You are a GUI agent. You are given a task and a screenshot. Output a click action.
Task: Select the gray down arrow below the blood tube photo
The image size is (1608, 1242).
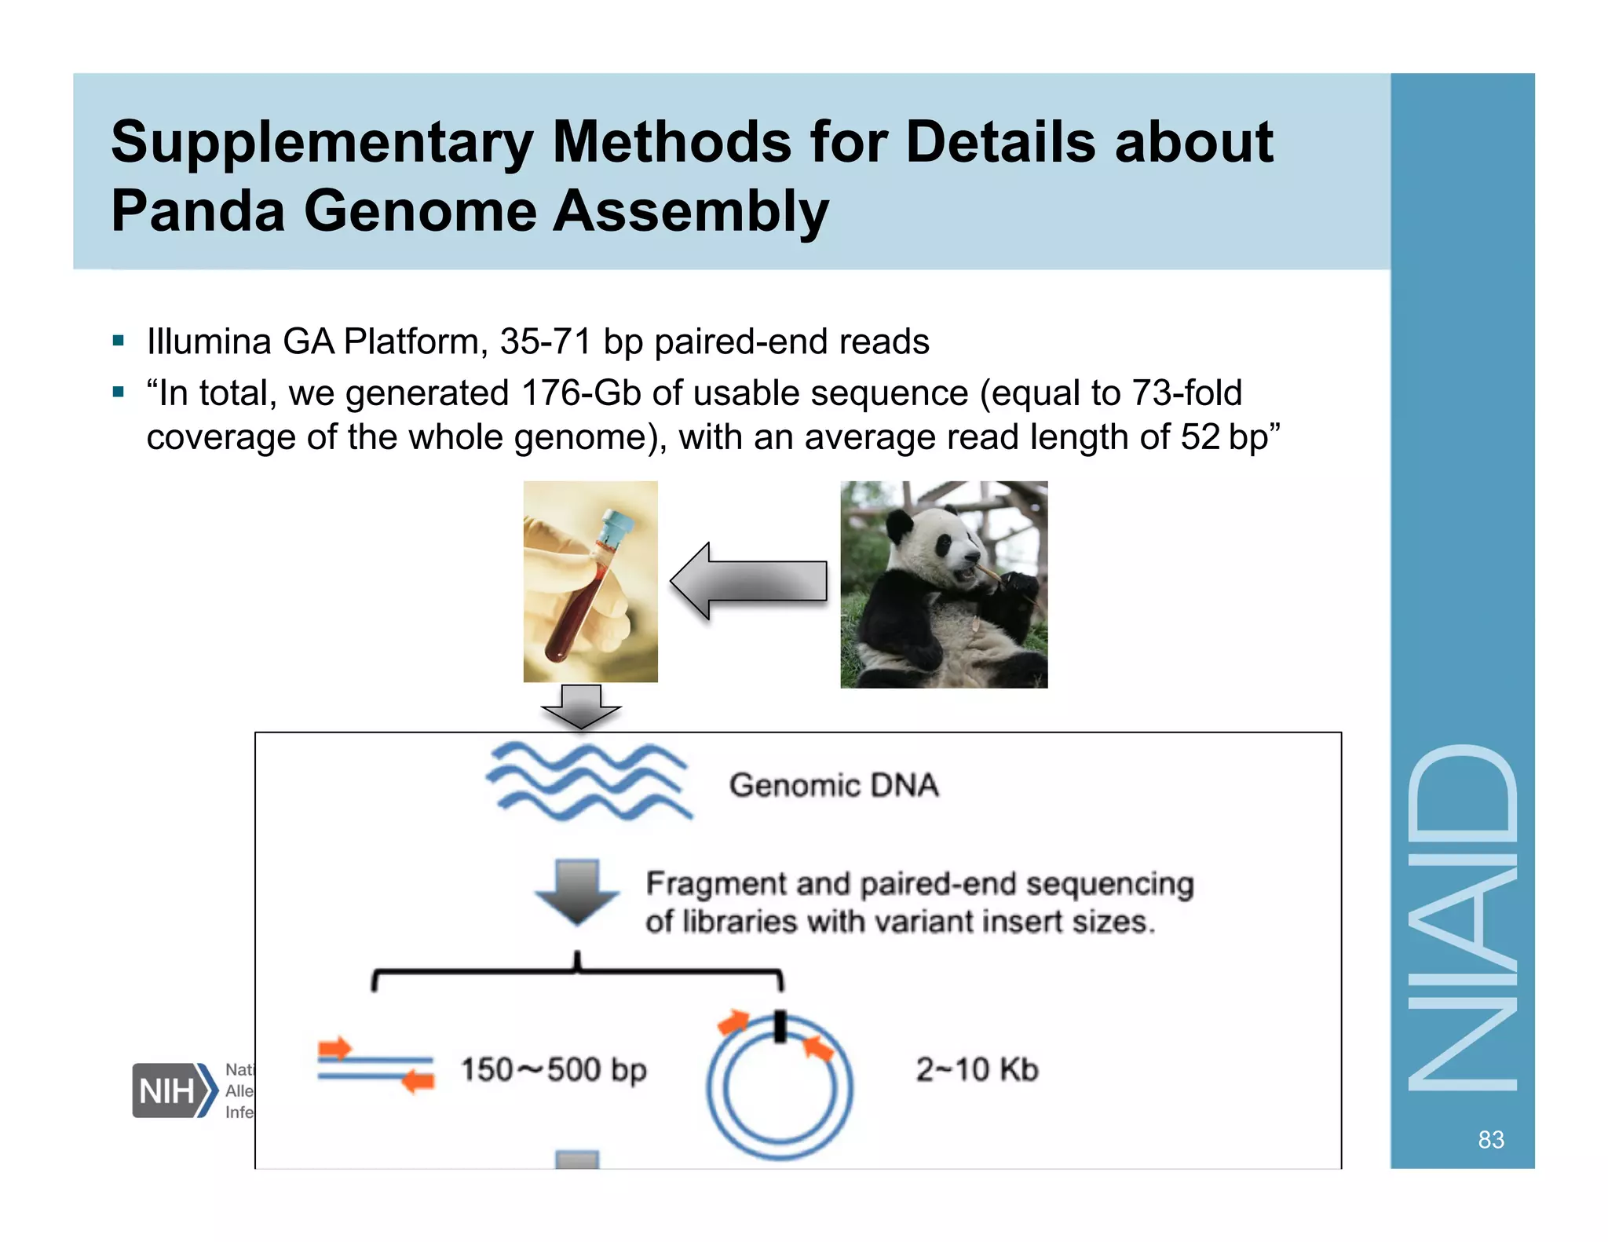[581, 705]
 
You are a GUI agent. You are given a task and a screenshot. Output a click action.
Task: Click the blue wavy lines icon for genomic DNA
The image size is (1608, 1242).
[588, 781]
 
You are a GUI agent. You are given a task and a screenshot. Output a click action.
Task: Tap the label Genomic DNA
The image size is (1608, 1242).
[834, 785]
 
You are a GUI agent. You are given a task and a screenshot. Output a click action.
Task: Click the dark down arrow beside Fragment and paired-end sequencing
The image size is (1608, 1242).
[577, 891]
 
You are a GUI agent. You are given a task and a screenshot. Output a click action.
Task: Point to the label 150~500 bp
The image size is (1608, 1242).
[554, 1069]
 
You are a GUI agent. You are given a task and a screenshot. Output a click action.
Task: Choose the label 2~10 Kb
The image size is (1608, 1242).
[977, 1069]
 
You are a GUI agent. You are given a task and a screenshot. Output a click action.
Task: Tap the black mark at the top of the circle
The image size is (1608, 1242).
[780, 1027]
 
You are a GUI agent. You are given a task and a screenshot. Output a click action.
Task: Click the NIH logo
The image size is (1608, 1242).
[173, 1090]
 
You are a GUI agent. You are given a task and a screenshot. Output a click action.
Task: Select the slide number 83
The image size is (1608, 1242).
[1490, 1139]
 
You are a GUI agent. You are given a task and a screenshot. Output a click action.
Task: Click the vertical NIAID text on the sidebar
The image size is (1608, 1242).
[1462, 919]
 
